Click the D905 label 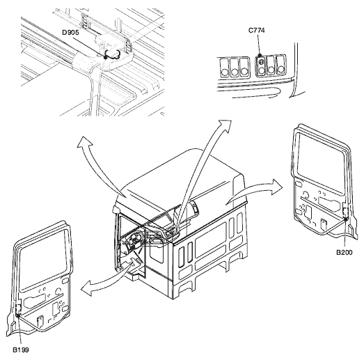tap(70, 33)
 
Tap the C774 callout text tap(257, 31)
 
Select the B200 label tap(345, 252)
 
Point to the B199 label tap(21, 350)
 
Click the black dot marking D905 tap(106, 57)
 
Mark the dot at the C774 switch tap(260, 55)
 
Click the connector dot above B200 tap(346, 219)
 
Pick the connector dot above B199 tap(18, 315)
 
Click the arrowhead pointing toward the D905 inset tap(84, 141)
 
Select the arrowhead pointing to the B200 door tap(277, 187)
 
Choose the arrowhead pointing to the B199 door tap(87, 288)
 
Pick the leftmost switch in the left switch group tap(225, 68)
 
